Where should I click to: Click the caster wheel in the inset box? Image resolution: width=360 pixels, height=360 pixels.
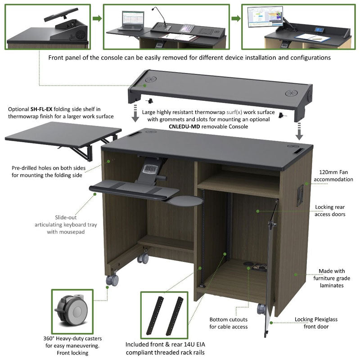coord(73,311)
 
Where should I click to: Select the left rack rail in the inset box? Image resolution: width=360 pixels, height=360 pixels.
coord(159,315)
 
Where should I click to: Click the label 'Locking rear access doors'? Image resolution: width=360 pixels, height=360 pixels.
coord(330,211)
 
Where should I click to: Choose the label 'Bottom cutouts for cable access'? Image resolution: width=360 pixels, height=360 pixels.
coord(229,323)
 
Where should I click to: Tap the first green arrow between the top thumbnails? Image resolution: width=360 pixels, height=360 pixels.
coord(96,18)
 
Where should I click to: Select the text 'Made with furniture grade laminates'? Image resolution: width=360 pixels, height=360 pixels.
coord(332,278)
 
